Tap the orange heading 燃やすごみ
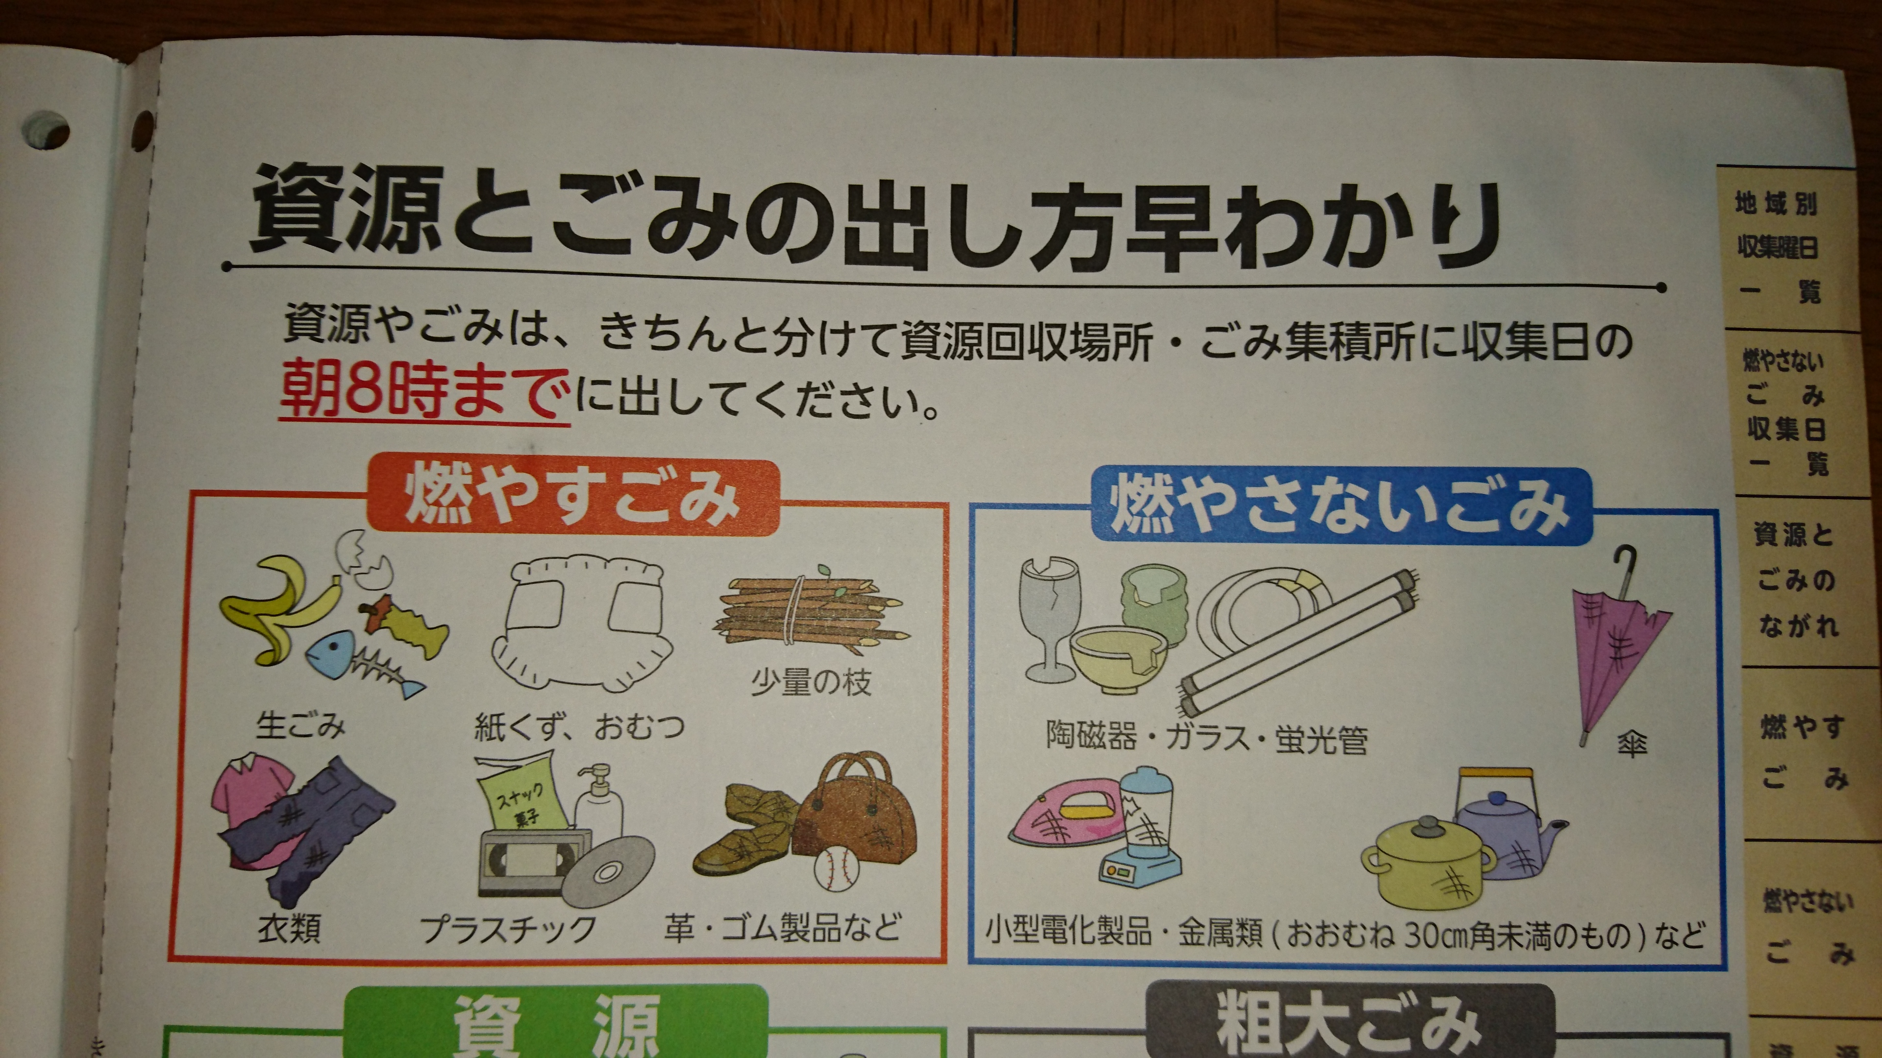(x=570, y=497)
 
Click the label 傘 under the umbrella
(x=1632, y=745)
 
